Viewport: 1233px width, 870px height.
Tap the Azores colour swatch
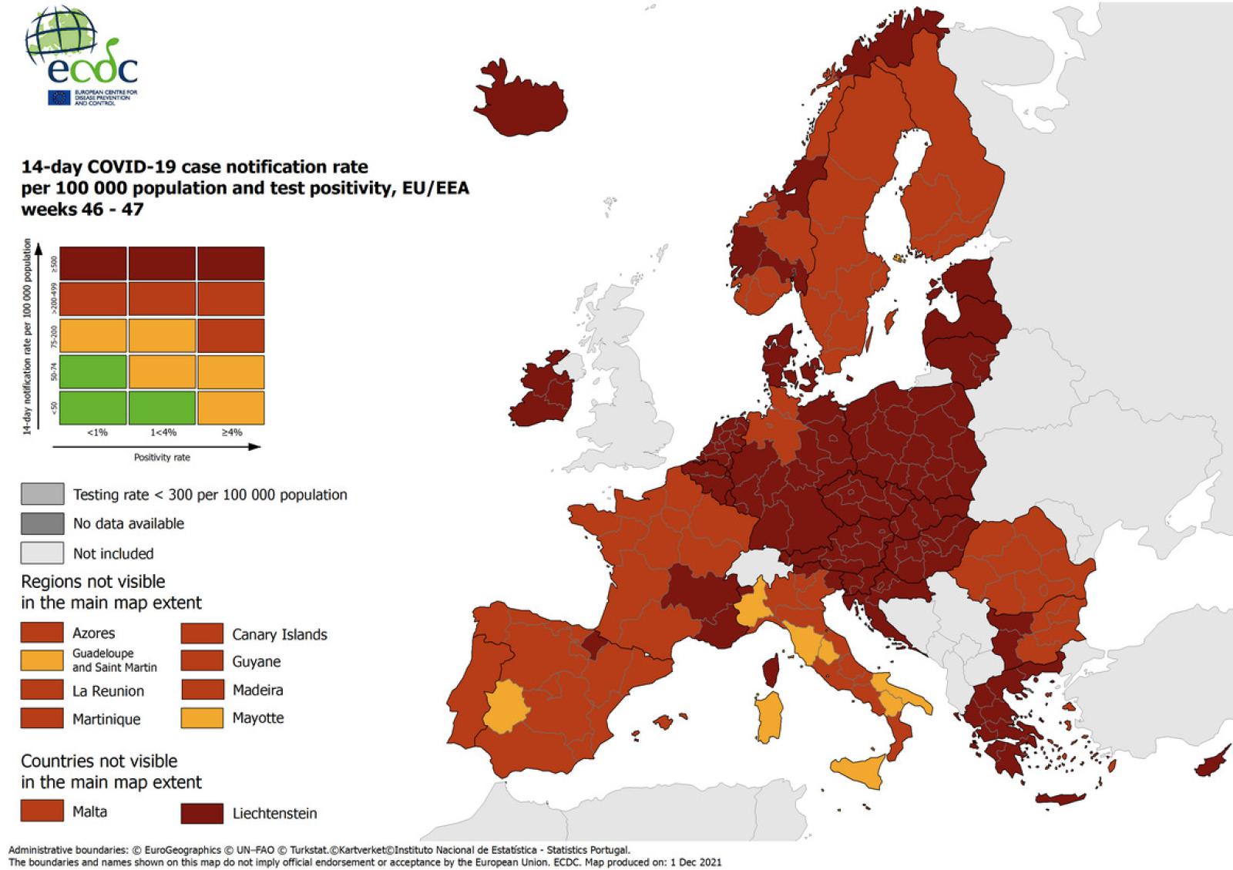[x=42, y=633]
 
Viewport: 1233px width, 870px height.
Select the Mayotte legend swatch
[x=202, y=717]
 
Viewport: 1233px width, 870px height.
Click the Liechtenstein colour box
[x=202, y=813]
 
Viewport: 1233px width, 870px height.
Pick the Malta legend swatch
[x=42, y=811]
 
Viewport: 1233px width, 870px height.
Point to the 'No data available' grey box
[x=42, y=523]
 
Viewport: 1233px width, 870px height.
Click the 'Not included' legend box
[x=42, y=553]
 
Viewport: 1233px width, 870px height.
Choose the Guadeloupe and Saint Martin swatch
[x=42, y=660]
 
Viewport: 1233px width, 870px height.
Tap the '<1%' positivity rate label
[x=97, y=433]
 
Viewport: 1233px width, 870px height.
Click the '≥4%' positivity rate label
[x=231, y=433]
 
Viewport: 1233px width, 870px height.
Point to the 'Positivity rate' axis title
[x=162, y=457]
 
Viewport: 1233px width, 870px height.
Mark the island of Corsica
[x=771, y=670]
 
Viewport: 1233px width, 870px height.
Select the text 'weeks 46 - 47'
[x=82, y=210]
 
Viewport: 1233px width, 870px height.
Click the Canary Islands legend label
[x=280, y=634]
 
